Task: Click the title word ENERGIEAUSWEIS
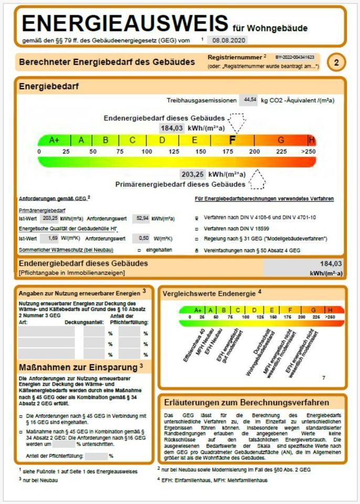click(x=125, y=24)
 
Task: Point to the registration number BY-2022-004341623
click(x=294, y=57)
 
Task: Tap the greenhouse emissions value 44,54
click(x=248, y=99)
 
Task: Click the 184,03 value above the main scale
click(x=172, y=128)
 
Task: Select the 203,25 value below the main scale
click(x=193, y=174)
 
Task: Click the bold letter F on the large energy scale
click(x=232, y=140)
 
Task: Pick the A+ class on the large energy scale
click(x=55, y=140)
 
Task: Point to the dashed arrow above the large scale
click(x=237, y=122)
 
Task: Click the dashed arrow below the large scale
click(x=257, y=180)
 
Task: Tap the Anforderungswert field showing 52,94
click(x=141, y=218)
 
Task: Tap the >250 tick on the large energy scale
click(x=309, y=152)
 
